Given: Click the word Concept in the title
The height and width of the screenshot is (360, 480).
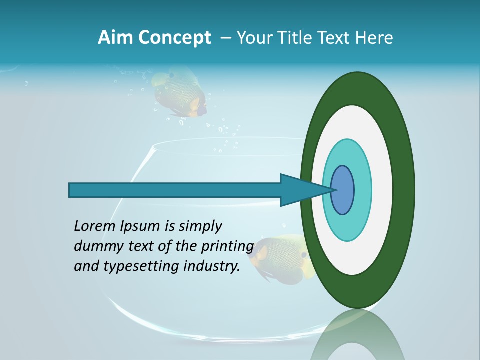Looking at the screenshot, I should pyautogui.click(x=174, y=38).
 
